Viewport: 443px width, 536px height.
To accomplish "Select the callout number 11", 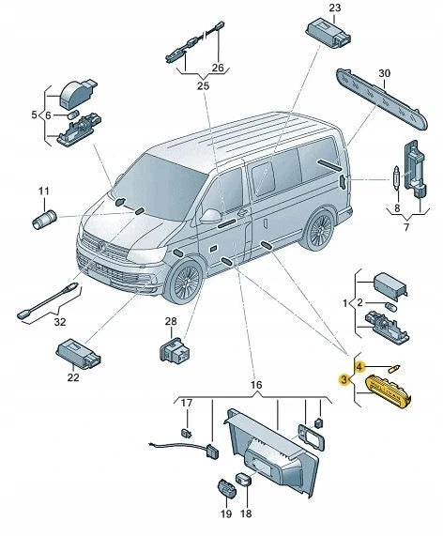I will [43, 192].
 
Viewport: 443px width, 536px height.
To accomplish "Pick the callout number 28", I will [171, 322].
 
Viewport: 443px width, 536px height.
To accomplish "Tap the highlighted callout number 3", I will [344, 379].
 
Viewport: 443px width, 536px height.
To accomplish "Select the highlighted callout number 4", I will [359, 365].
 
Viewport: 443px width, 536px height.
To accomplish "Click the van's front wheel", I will [184, 282].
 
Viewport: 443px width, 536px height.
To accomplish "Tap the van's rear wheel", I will [320, 229].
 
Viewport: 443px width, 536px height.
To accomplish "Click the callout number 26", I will [219, 68].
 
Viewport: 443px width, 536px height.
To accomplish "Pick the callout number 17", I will [186, 405].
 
